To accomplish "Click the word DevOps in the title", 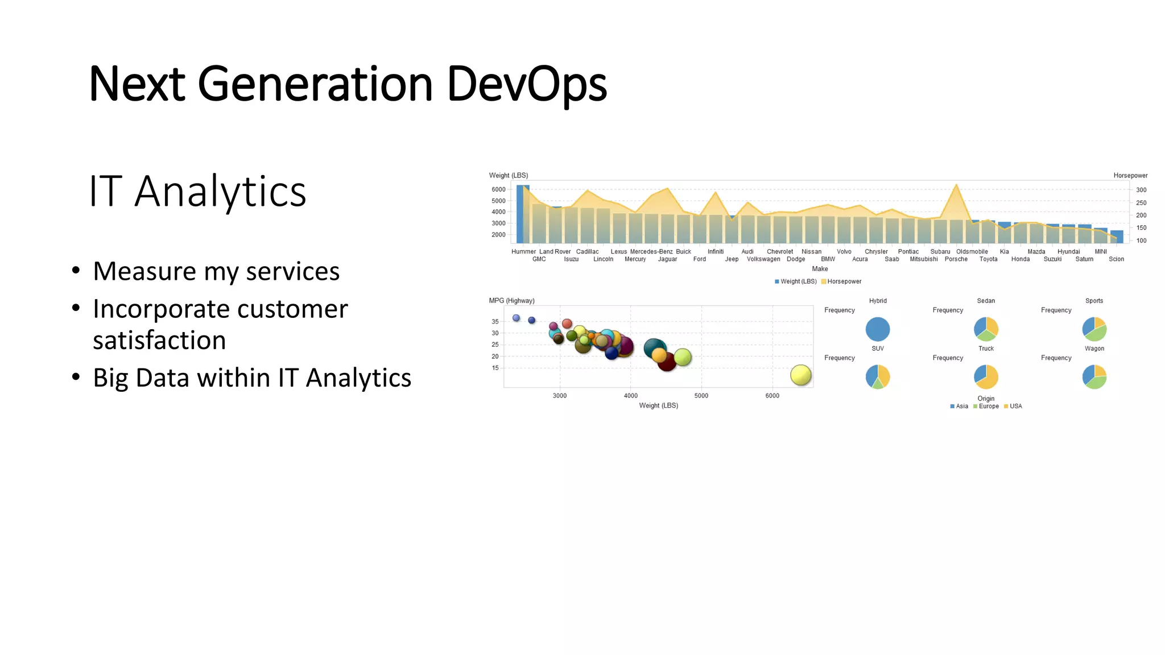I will pyautogui.click(x=527, y=84).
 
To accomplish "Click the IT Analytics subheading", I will pyautogui.click(x=197, y=191).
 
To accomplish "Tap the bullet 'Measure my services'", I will pyautogui.click(x=216, y=271).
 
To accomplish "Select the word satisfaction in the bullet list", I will pyautogui.click(x=159, y=341).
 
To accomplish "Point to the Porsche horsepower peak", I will pyautogui.click(x=956, y=185).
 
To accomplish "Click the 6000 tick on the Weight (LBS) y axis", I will pyautogui.click(x=498, y=189).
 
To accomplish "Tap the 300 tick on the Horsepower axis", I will pyautogui.click(x=1141, y=190).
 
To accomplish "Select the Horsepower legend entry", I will pyautogui.click(x=844, y=281).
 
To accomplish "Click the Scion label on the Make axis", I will pyautogui.click(x=1116, y=259).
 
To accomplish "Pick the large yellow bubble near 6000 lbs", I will pyautogui.click(x=800, y=375).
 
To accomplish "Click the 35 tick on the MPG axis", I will pyautogui.click(x=495, y=322).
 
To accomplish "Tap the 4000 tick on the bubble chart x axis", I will pyautogui.click(x=630, y=396).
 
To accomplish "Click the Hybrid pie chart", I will pyautogui.click(x=877, y=329).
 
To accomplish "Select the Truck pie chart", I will pyautogui.click(x=986, y=376).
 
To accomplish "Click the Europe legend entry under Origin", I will pyautogui.click(x=988, y=407).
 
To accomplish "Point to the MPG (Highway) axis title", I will pyautogui.click(x=511, y=301).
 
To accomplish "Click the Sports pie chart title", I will pyautogui.click(x=1094, y=301).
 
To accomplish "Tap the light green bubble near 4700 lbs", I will pyautogui.click(x=683, y=357).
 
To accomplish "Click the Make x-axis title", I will pyautogui.click(x=820, y=269).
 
